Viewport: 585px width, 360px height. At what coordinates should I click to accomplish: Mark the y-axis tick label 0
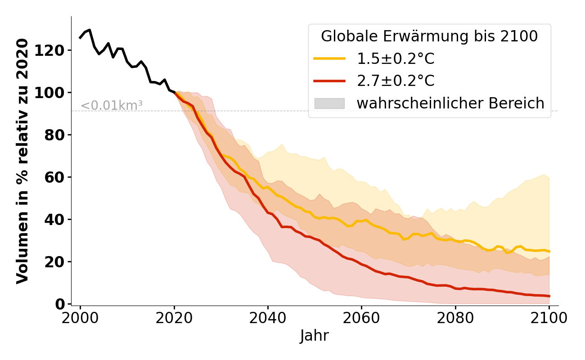(x=60, y=304)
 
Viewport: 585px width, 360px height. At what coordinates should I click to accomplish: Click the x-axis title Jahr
(x=315, y=336)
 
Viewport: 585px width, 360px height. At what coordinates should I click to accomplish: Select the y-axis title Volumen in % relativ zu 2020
(x=22, y=161)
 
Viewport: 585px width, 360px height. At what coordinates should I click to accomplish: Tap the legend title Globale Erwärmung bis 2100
(x=429, y=36)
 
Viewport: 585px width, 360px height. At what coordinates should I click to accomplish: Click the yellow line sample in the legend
(x=329, y=59)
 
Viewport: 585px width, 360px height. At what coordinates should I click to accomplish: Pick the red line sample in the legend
(x=329, y=81)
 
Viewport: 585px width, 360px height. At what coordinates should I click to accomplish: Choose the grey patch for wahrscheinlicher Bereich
(x=329, y=103)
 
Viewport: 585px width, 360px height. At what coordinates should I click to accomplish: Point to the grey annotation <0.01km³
(x=112, y=106)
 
